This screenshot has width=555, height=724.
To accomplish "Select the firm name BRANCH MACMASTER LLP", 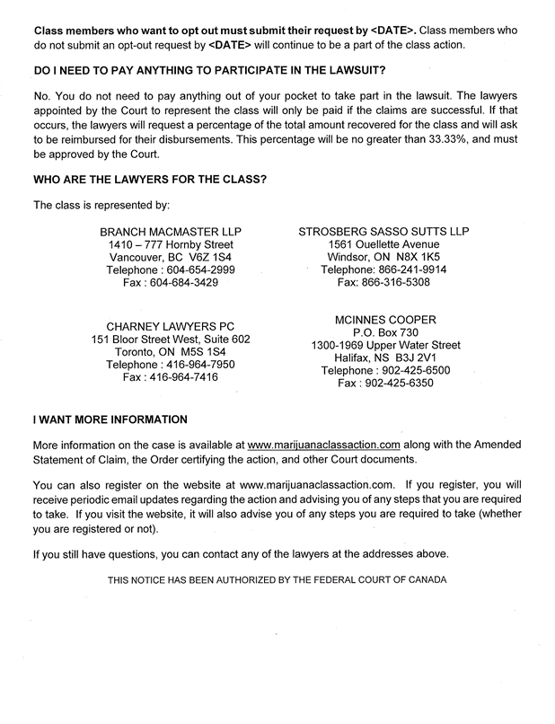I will pos(171,232).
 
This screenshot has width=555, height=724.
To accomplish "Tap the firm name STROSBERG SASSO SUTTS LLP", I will pos(383,232).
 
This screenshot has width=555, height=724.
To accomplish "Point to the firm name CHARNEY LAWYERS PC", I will pos(171,327).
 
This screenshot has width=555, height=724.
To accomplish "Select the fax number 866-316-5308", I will pos(398,282).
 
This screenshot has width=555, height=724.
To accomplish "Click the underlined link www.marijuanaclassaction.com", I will pos(323,445).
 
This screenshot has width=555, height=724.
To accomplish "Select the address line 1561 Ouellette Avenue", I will pos(383,244).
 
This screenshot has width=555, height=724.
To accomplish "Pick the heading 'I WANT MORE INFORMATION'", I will pos(110,419).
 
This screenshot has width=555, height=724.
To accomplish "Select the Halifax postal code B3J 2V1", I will pos(416,358).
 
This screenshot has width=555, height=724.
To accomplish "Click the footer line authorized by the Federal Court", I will pos(277,580).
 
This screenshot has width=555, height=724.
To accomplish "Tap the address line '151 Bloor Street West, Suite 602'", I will pos(171,340).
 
